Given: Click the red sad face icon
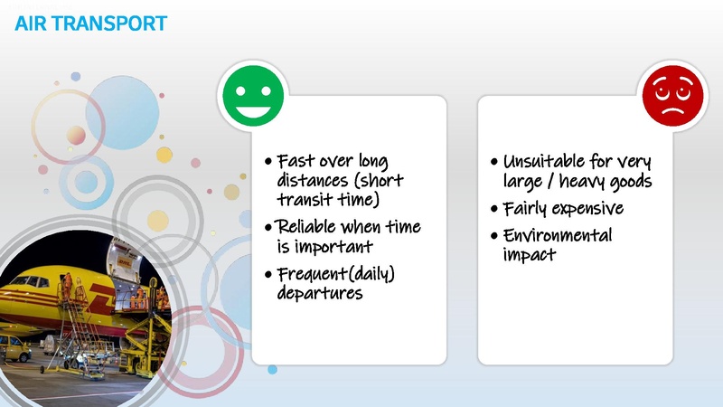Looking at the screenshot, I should (x=671, y=98).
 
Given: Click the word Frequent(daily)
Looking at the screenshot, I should (x=336, y=274).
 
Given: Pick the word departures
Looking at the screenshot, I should (x=319, y=293).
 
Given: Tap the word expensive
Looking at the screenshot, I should (x=587, y=209).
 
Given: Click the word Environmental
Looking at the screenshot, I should (x=558, y=236).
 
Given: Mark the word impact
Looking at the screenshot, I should (x=530, y=255).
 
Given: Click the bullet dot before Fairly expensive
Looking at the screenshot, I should (x=493, y=210).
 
